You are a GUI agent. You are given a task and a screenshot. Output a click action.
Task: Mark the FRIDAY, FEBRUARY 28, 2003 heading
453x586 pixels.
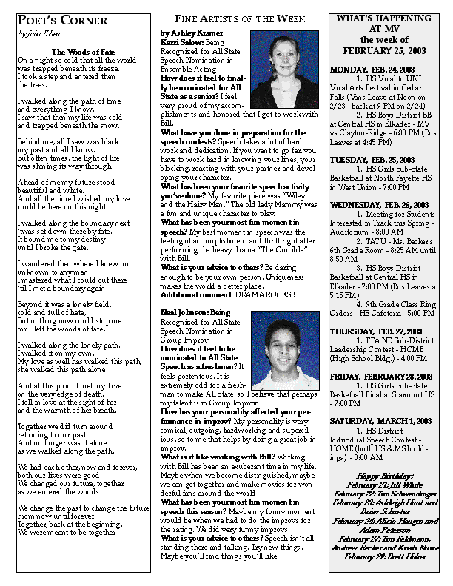(x=379, y=377)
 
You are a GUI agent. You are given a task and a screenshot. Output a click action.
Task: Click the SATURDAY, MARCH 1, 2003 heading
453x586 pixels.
(x=380, y=421)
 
